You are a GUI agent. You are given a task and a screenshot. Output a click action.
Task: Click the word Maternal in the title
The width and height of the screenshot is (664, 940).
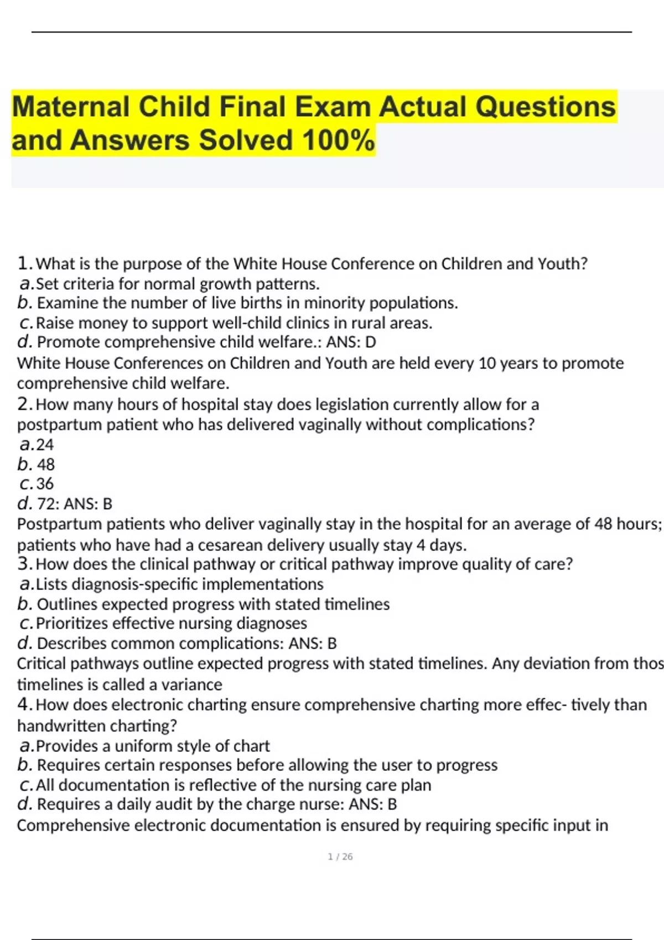point(70,107)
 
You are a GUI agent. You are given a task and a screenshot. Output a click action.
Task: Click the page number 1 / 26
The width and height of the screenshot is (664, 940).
point(340,857)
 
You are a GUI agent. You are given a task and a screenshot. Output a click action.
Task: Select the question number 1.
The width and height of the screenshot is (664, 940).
point(24,263)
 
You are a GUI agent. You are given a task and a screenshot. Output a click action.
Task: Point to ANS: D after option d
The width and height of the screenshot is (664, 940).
point(351,342)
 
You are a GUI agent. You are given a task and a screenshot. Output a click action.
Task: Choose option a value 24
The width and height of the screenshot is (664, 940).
point(45,445)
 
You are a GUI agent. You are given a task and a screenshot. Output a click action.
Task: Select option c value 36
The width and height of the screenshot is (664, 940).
point(45,484)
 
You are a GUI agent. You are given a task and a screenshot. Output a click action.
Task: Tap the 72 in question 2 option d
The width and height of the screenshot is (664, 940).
point(46,504)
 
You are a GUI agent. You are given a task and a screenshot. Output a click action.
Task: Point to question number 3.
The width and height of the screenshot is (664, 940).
point(24,564)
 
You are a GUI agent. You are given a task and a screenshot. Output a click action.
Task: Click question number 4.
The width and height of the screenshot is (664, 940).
point(24,704)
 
